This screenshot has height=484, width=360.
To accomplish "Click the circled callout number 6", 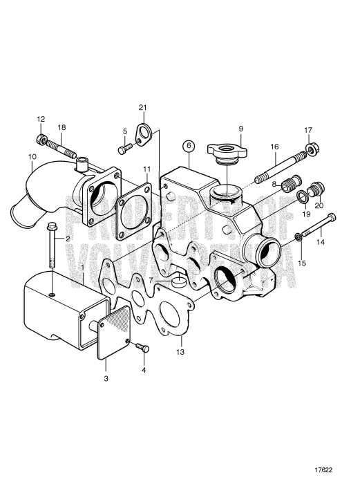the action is point(189,146).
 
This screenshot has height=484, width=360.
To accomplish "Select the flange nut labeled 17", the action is point(312,149).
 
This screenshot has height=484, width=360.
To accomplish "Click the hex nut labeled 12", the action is point(41,140).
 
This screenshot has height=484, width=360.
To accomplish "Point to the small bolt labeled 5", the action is point(125,149).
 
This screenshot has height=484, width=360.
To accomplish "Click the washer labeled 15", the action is point(298,237).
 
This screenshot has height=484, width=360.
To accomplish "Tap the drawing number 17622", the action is point(323,470).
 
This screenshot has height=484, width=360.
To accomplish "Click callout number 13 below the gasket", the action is point(180,351).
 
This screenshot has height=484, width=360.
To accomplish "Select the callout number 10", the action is point(32,156).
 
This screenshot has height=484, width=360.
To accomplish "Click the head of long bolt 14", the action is point(331,217).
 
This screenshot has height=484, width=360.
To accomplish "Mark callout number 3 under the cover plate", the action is point(106,378).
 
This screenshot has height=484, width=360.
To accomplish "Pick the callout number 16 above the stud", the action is point(274,147).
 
